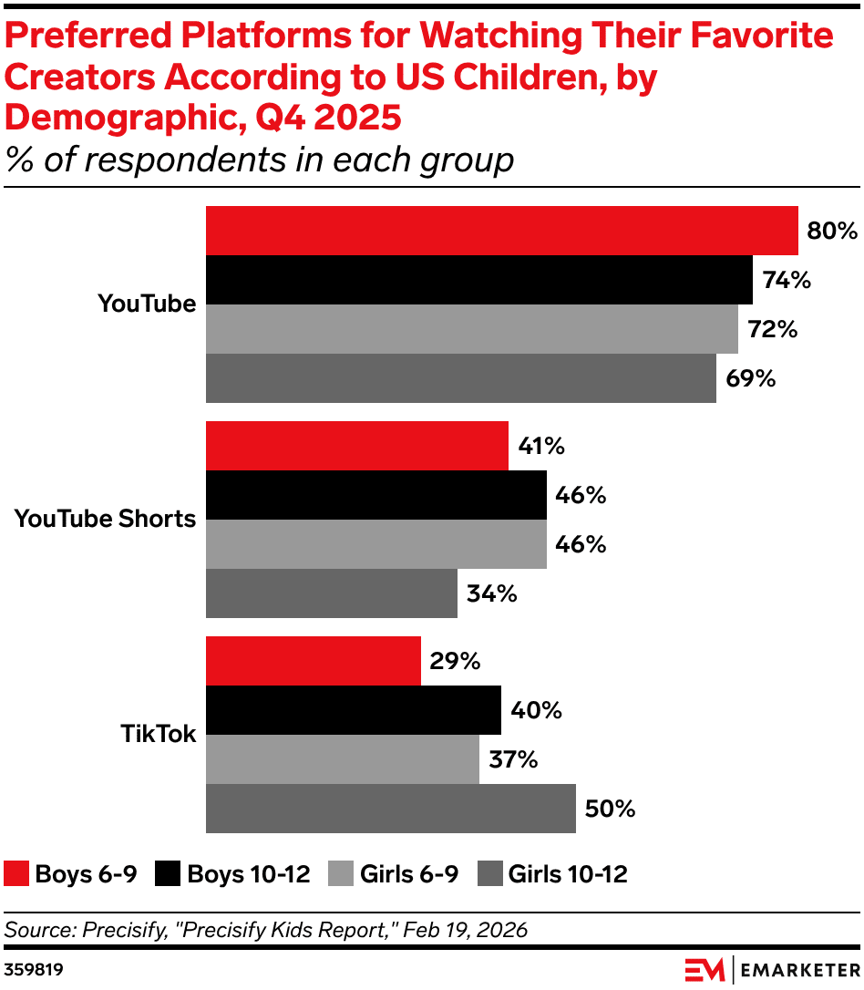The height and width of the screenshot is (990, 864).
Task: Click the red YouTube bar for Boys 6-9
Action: [501, 231]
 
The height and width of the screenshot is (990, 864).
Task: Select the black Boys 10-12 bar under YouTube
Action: [478, 280]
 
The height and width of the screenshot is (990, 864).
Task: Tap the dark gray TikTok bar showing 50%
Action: [390, 809]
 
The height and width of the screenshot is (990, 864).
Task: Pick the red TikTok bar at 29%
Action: [313, 661]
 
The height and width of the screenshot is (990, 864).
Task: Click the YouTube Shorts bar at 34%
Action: [331, 593]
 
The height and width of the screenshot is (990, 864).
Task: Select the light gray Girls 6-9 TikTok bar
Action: [342, 759]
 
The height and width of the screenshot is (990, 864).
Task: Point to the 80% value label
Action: [831, 231]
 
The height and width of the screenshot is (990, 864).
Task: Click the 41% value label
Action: [541, 446]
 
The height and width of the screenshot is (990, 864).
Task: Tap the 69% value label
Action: [750, 378]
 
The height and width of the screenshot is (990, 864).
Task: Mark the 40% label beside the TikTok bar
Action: [536, 710]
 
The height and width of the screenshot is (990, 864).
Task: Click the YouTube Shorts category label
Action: [105, 519]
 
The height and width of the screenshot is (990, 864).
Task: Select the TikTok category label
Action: [158, 734]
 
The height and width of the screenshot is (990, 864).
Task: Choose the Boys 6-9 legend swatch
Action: [16, 874]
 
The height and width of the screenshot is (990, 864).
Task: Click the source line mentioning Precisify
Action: [266, 930]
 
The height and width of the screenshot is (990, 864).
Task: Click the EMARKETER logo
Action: [771, 967]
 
